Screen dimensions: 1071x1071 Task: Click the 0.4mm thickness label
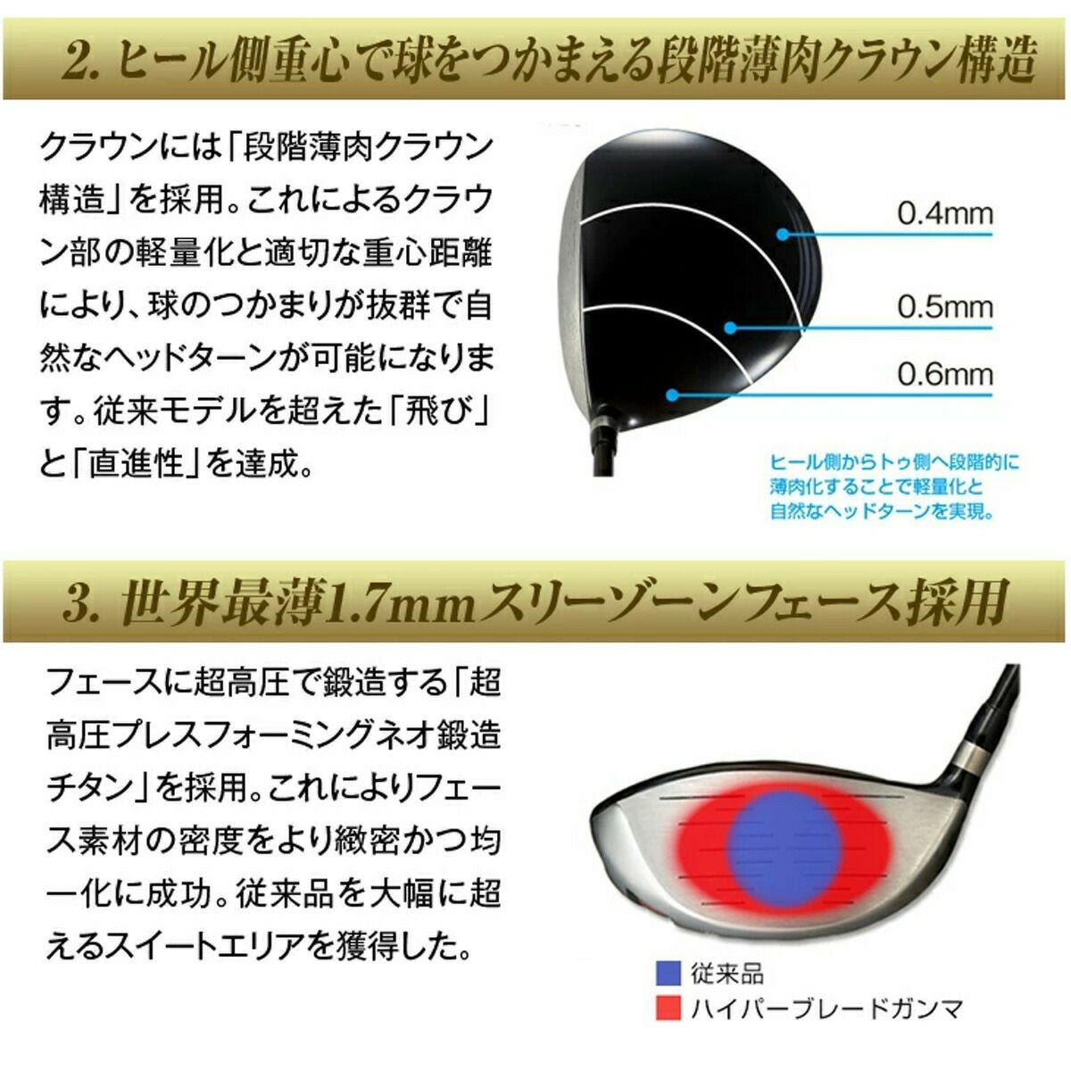coord(945,214)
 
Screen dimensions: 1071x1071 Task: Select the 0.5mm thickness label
coord(945,307)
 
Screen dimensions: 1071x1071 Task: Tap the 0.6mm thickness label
coord(945,375)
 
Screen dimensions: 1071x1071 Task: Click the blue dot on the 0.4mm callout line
coord(783,235)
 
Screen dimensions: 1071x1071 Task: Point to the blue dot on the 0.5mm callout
coord(731,328)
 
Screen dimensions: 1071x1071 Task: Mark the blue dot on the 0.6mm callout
coord(672,395)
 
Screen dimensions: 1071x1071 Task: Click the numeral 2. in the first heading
coord(83,62)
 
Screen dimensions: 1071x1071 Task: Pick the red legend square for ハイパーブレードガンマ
coord(668,1008)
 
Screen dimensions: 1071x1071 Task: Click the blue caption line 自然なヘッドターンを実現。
coord(882,511)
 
